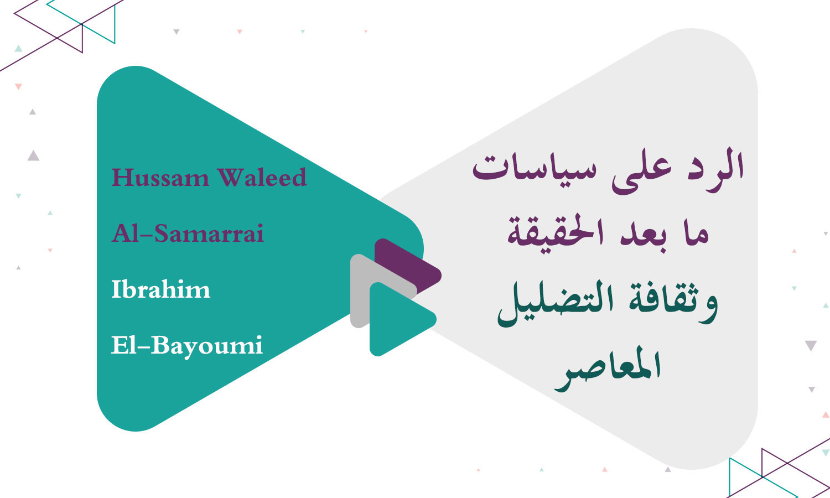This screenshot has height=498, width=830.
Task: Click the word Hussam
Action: click(x=160, y=178)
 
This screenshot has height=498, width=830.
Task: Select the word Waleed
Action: click(x=262, y=178)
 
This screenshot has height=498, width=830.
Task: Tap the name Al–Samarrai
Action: click(x=188, y=234)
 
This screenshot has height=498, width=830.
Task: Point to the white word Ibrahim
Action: click(x=160, y=289)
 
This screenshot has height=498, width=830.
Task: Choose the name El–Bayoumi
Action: click(x=187, y=346)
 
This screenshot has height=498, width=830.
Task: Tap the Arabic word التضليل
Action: click(x=553, y=304)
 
